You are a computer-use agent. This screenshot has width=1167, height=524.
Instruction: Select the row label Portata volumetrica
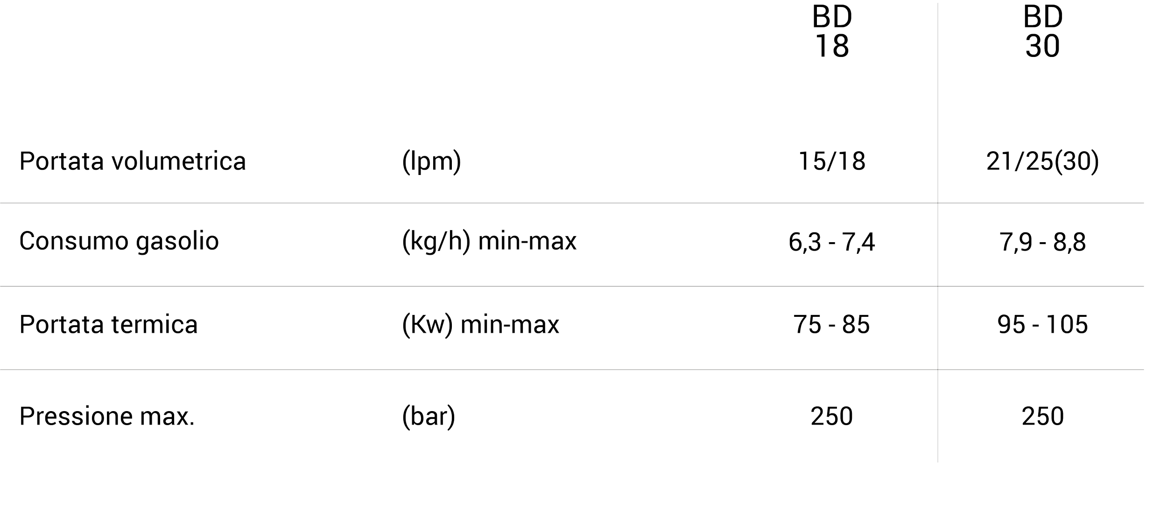coord(133,161)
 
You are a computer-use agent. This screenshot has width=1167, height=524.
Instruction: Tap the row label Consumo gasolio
coord(119,242)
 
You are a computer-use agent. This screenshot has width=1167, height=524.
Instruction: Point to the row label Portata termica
coord(109,324)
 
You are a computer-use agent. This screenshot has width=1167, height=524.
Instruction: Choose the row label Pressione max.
coord(107,416)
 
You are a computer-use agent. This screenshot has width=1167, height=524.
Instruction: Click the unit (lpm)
coord(431,161)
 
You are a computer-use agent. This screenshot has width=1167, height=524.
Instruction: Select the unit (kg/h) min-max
coord(489,242)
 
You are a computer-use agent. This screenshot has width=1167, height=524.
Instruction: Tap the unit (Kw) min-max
coord(480,324)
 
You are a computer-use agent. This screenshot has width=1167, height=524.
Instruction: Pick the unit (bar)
coord(429,416)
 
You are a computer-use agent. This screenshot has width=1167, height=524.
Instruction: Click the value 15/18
coord(832,161)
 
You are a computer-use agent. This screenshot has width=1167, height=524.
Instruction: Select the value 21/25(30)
coord(1043,161)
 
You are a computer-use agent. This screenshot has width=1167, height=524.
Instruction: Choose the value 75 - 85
coord(832,324)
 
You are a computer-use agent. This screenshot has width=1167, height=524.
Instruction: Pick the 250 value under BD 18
coord(832,416)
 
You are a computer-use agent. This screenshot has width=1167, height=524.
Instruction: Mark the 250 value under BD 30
coord(1043,416)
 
